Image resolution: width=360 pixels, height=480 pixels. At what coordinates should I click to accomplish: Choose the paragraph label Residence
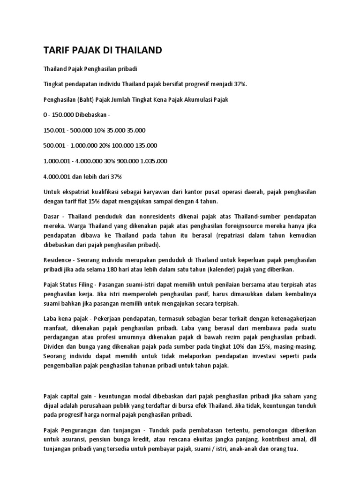tap(58, 260)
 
